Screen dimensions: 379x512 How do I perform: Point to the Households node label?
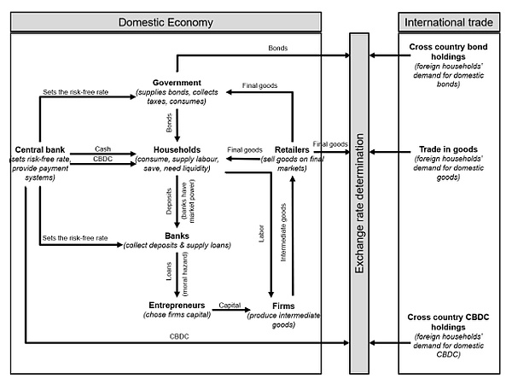pyautogui.click(x=177, y=149)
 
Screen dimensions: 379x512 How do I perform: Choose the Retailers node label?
pyautogui.click(x=292, y=149)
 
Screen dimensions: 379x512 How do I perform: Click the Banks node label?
pyautogui.click(x=177, y=236)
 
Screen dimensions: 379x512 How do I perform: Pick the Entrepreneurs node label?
pyautogui.click(x=177, y=305)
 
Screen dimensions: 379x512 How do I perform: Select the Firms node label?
pyautogui.click(x=283, y=305)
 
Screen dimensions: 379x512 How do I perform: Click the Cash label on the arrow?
pyautogui.click(x=103, y=149)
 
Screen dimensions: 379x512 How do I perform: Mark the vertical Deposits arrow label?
pyautogui.click(x=167, y=201)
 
